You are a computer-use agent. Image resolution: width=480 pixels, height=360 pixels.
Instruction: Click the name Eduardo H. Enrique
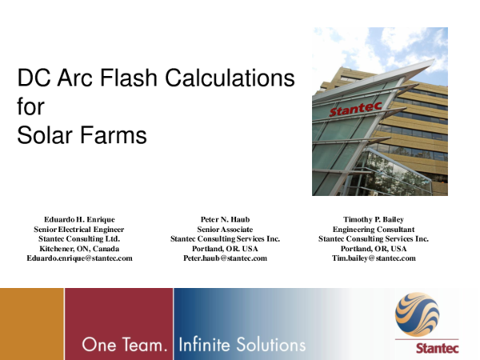(x=79, y=218)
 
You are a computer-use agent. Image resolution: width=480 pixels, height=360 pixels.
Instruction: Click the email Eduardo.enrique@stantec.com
(x=79, y=258)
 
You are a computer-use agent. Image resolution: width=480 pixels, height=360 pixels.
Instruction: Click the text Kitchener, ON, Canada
(x=79, y=248)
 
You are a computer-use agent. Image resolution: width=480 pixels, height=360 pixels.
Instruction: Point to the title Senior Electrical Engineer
(x=79, y=228)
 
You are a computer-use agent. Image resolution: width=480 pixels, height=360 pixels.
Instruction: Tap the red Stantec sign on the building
(x=355, y=108)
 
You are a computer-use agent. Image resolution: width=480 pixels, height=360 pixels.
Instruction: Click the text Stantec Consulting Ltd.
(x=79, y=238)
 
